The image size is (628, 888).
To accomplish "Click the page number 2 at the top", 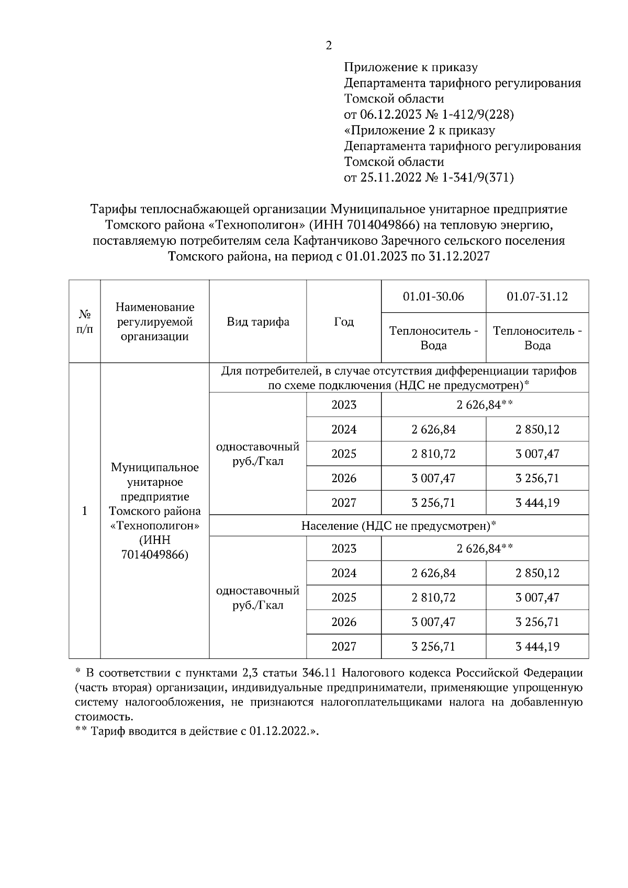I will pyautogui.click(x=329, y=46).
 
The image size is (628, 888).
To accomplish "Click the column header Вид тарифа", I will pyautogui.click(x=257, y=322).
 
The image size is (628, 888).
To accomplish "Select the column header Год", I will pyautogui.click(x=343, y=322).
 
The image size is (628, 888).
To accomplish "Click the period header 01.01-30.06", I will pyautogui.click(x=433, y=297).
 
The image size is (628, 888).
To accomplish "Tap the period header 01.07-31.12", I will pyautogui.click(x=537, y=297).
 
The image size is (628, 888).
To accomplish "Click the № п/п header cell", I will pyautogui.click(x=85, y=322).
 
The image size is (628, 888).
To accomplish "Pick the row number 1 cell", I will pyautogui.click(x=85, y=510).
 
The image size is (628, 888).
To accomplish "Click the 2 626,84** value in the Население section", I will pyautogui.click(x=485, y=549).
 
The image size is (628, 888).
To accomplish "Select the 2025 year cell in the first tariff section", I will pyautogui.click(x=343, y=454).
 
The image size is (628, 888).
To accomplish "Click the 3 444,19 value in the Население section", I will pyautogui.click(x=537, y=647).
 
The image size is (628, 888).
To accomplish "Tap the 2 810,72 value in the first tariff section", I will pyautogui.click(x=433, y=454).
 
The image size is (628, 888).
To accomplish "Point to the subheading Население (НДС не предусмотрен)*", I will pyautogui.click(x=398, y=526).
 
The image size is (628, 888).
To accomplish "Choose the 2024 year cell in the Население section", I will pyautogui.click(x=343, y=573).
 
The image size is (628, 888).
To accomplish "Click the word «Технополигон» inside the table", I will pyautogui.click(x=155, y=525).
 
